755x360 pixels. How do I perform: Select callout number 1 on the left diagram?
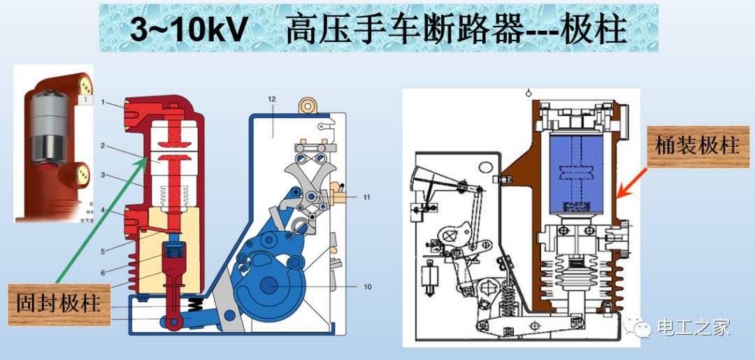pyautogui.click(x=103, y=103)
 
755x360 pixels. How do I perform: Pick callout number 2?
pyautogui.click(x=103, y=146)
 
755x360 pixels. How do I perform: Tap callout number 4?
pyautogui.click(x=103, y=209)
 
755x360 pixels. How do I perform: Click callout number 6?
pyautogui.click(x=103, y=271)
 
